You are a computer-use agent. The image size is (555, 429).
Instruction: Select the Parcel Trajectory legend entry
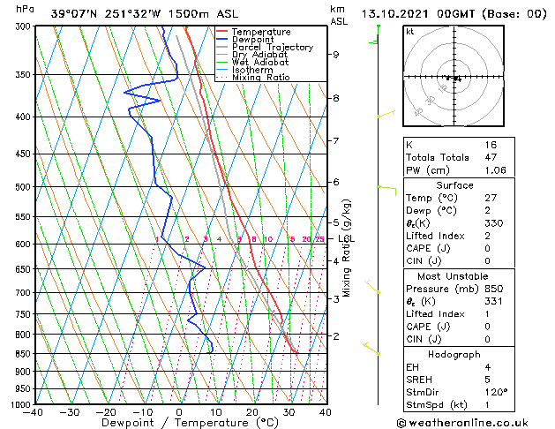click(272, 48)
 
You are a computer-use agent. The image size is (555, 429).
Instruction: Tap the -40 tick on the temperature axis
click(34, 412)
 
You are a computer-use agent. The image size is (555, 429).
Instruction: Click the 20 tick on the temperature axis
click(252, 412)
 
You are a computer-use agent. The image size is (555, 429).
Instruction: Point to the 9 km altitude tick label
click(335, 55)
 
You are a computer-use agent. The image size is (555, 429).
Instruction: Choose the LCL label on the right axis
click(346, 238)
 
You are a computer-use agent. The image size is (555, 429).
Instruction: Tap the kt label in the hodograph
click(410, 32)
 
